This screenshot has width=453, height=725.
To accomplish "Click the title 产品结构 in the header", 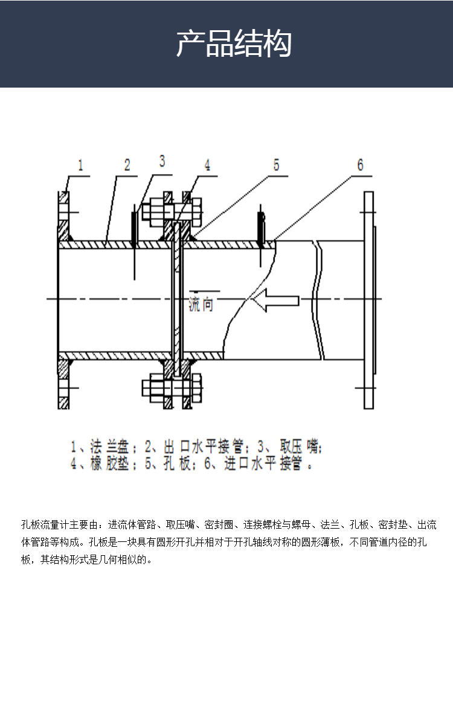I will tap(234, 44).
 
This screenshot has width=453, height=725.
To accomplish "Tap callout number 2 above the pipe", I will tap(127, 165).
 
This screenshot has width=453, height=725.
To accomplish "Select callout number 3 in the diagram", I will tap(162, 161).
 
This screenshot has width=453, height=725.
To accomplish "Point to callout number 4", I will tap(207, 165).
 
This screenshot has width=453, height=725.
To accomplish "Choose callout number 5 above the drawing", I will tap(276, 164).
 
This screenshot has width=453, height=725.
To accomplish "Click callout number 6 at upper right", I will tap(360, 164).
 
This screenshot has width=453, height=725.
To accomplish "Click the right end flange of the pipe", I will tap(368, 300).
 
